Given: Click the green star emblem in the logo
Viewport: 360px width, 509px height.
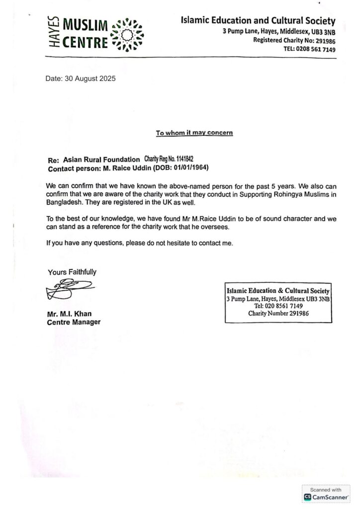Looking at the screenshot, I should click(128, 34).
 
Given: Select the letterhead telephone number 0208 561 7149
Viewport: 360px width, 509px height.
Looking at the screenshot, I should click(316, 49).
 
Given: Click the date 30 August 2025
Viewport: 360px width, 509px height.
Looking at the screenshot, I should click(93, 78).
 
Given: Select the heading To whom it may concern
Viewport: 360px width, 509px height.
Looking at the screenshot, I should click(194, 133).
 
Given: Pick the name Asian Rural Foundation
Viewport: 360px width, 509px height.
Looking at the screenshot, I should click(101, 159).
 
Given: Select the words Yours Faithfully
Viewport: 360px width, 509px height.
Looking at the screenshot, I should click(72, 272).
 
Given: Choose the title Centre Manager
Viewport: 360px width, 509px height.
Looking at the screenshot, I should click(74, 322).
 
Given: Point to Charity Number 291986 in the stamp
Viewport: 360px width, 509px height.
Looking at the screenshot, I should click(278, 314).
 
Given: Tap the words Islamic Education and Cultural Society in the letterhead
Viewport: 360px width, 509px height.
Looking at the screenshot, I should click(258, 21).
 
